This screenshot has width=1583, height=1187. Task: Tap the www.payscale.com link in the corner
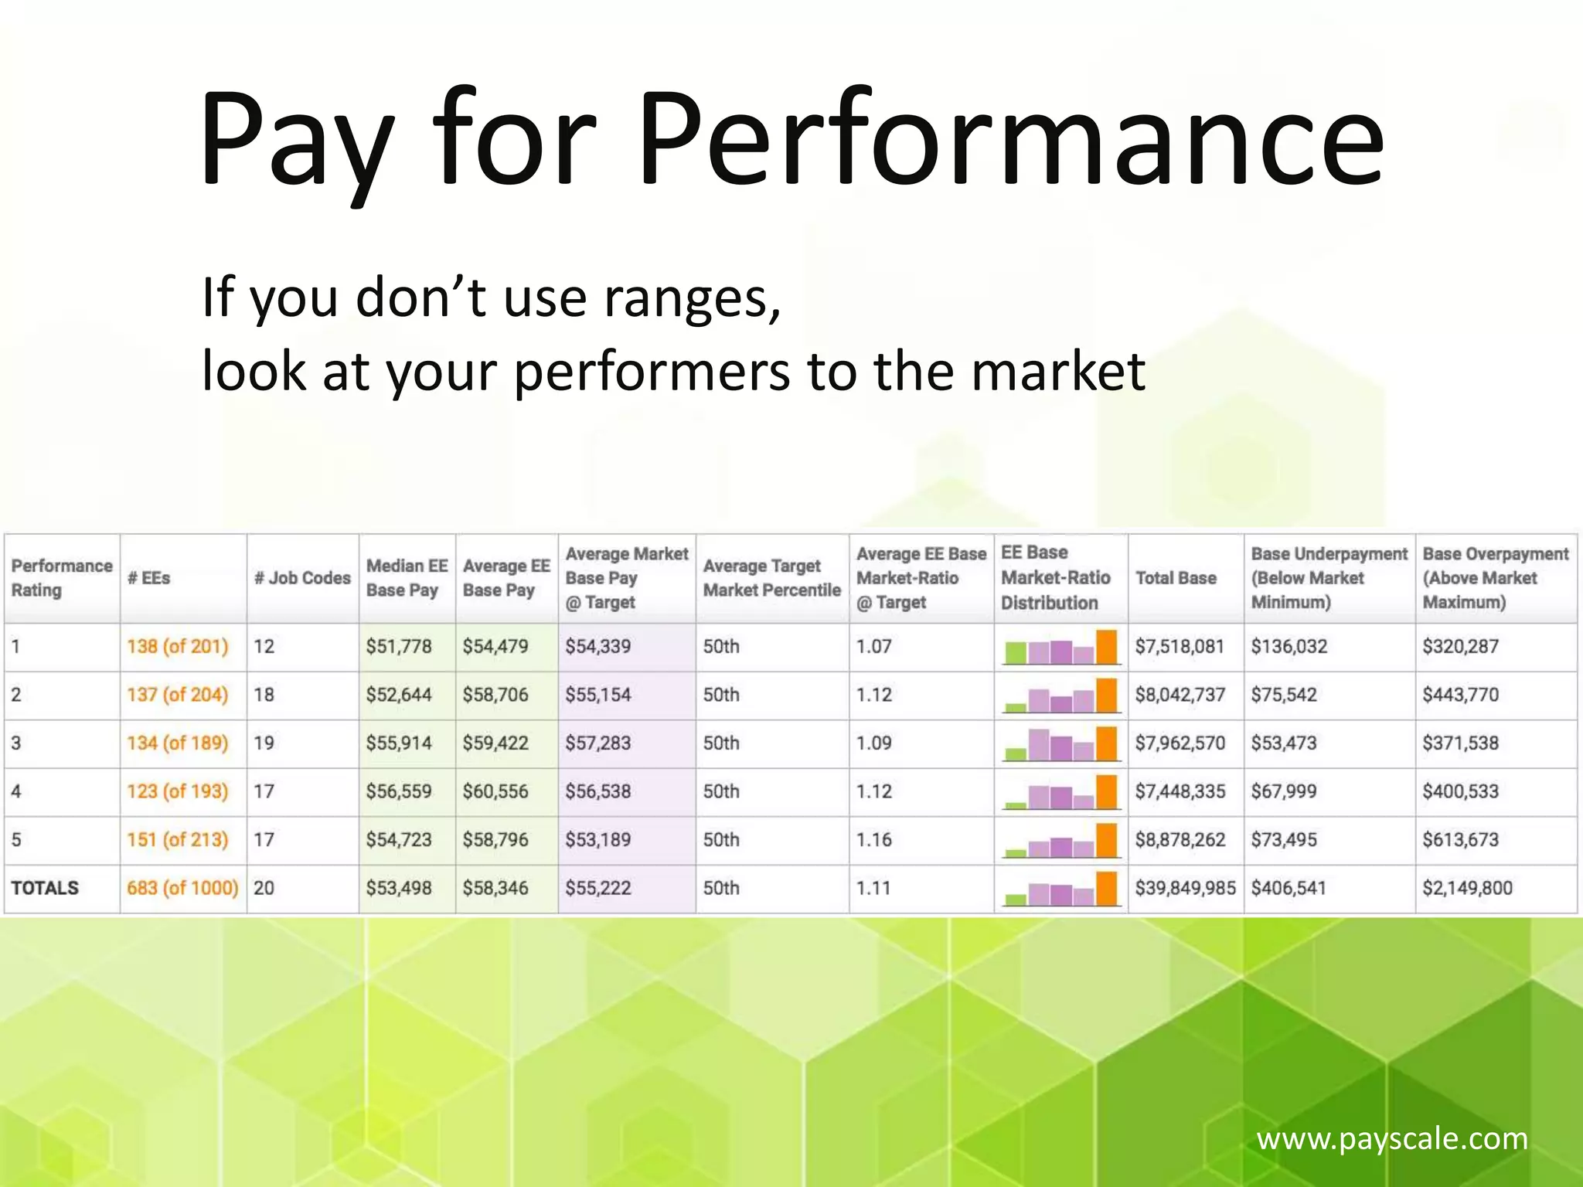[x=1391, y=1138]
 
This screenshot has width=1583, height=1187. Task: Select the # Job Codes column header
[x=302, y=578]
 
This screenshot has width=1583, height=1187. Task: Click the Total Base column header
[x=1176, y=578]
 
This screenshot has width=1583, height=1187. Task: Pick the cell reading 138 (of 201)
[x=178, y=646]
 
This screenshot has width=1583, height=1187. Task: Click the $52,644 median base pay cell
[x=399, y=695]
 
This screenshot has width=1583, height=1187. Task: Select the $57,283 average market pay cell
[x=597, y=743]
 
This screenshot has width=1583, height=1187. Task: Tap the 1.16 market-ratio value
[x=874, y=840]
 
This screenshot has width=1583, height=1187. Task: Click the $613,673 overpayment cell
[x=1460, y=840]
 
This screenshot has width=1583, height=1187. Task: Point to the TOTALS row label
[x=45, y=888]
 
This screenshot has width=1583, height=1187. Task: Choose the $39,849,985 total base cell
[x=1185, y=888]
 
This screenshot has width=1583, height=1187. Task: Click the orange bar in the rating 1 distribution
[x=1107, y=648]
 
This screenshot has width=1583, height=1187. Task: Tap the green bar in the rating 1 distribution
[x=1014, y=653]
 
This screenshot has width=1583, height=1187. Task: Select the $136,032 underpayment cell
[x=1289, y=646]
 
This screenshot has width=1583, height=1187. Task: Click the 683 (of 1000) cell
[x=182, y=888]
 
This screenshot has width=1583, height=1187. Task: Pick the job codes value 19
[x=264, y=743]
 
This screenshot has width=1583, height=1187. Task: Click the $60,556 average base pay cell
[x=495, y=791]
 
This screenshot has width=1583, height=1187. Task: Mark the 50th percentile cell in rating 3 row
[x=721, y=743]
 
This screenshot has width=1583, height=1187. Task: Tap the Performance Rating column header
[x=61, y=578]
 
